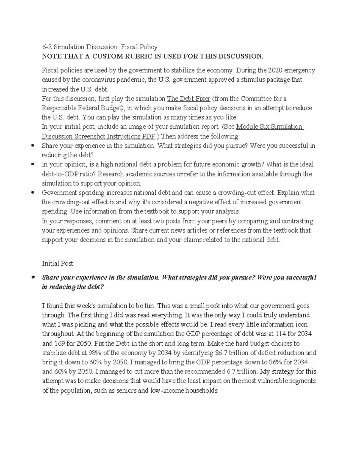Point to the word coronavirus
pos(98,80)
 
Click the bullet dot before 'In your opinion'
pos(33,165)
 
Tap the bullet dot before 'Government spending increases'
pos(33,193)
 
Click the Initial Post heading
pos(58,263)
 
